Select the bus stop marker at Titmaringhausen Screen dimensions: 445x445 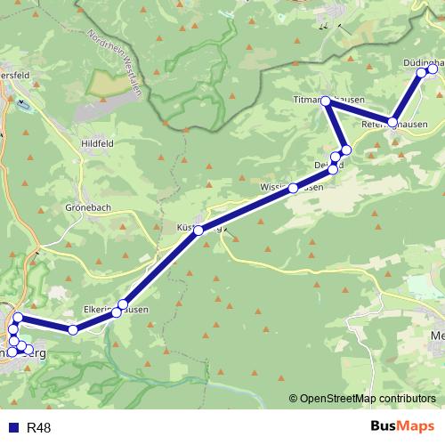click(x=326, y=101)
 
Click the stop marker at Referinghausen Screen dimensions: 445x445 click(x=392, y=122)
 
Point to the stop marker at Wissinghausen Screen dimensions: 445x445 click(x=292, y=188)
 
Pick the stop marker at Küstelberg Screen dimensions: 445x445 click(x=198, y=231)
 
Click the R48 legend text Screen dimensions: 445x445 click(x=39, y=428)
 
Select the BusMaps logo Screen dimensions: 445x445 click(x=401, y=427)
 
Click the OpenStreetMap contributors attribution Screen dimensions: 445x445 click(x=367, y=398)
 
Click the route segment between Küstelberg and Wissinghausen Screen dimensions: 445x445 click(x=245, y=209)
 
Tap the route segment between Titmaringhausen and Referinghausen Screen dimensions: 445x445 click(x=359, y=111)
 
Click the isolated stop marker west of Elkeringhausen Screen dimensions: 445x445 click(x=73, y=330)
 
